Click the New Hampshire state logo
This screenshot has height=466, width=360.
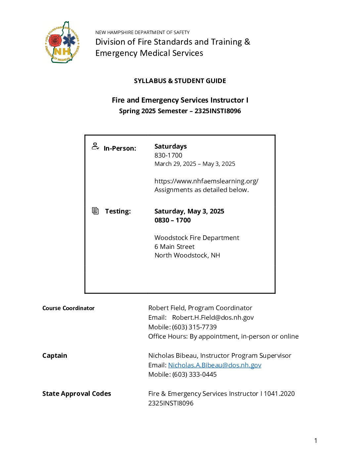[x=62, y=42]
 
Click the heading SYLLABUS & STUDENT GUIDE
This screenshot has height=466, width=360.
[x=180, y=81]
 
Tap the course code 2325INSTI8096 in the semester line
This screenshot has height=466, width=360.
[x=218, y=111]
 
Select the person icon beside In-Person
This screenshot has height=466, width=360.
[x=95, y=146]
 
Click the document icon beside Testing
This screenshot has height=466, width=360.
[x=95, y=211]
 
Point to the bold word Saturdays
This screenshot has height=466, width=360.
[x=170, y=146]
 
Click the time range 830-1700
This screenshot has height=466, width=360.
[x=168, y=155]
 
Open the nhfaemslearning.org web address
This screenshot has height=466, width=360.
[x=206, y=181]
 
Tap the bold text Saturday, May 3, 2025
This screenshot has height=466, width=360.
[x=189, y=211]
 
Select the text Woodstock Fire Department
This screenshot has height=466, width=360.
[x=197, y=238]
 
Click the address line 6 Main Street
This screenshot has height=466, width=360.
[x=174, y=247]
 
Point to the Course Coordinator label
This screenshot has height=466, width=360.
[x=68, y=308]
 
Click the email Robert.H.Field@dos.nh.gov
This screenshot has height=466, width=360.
[x=213, y=317]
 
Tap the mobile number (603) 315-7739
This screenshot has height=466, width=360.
[x=194, y=327]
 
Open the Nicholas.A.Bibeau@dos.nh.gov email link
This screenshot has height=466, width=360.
[x=215, y=365]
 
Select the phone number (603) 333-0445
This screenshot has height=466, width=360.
[x=194, y=374]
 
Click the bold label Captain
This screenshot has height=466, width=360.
[x=55, y=355]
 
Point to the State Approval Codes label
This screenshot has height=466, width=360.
[x=76, y=394]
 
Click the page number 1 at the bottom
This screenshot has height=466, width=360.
[x=316, y=441]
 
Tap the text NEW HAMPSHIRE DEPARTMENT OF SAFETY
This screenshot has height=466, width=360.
[x=142, y=32]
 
